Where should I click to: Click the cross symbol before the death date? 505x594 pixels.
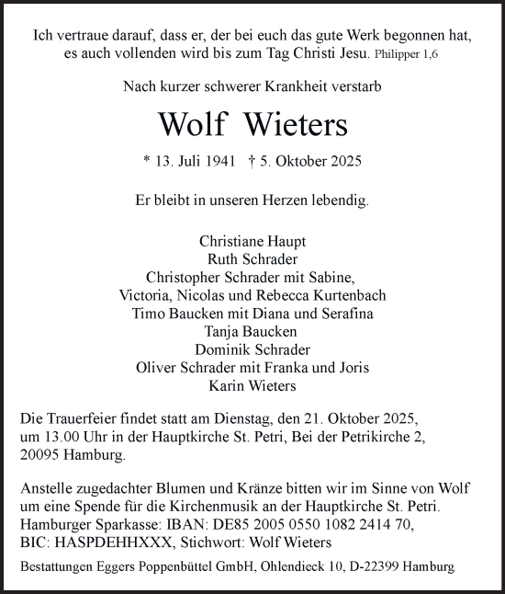[x=252, y=161]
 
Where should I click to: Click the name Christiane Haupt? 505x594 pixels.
[x=252, y=241]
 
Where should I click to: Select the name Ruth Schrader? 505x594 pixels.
[x=252, y=259]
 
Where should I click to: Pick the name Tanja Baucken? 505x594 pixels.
[x=252, y=331]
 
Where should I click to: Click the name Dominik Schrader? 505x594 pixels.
[x=252, y=349]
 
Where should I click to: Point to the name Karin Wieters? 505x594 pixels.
[x=252, y=385]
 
